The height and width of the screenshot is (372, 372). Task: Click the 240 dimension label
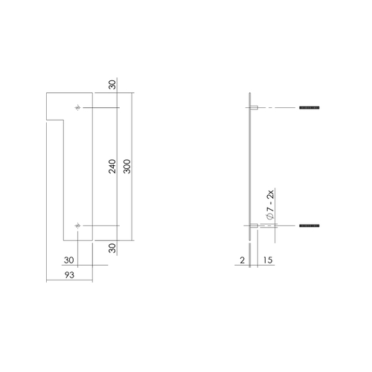(x=112, y=167)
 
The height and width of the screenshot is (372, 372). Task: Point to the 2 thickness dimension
(x=243, y=261)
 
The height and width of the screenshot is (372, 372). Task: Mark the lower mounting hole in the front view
(x=78, y=225)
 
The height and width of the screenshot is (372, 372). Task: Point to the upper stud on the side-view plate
(x=254, y=109)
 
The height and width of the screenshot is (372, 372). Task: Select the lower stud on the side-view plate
(x=254, y=225)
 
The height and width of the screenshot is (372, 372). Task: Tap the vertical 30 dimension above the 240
(x=112, y=84)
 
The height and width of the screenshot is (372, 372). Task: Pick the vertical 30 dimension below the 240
(x=112, y=249)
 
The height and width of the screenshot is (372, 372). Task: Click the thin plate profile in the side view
(x=248, y=167)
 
